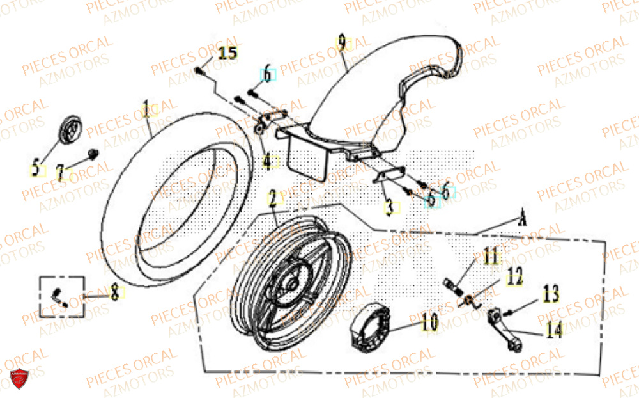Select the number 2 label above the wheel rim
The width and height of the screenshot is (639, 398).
[273, 198]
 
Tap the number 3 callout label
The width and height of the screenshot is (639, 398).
[389, 207]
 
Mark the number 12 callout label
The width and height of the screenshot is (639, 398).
[514, 277]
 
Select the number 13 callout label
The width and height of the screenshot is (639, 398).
[551, 295]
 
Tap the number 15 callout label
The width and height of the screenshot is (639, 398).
[227, 52]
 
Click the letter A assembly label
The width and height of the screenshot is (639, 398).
[522, 219]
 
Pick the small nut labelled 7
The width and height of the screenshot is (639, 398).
[93, 153]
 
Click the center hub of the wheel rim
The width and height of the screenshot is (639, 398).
[292, 283]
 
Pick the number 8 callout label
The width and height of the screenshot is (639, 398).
[114, 294]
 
